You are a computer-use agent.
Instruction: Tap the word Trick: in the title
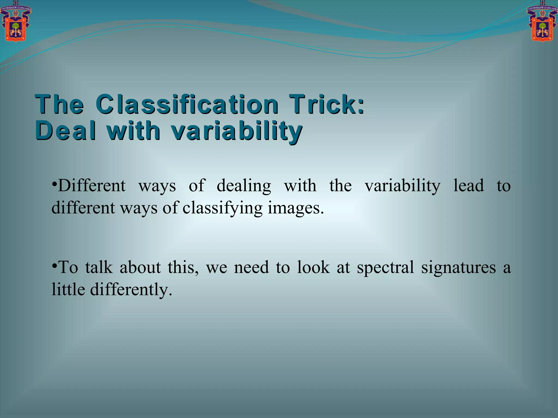tap(326, 104)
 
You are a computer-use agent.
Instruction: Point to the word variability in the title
tap(236, 131)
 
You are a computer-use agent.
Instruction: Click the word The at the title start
tap(59, 104)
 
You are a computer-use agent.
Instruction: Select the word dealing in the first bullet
tap(244, 186)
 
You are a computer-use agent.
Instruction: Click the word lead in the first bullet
tap(468, 186)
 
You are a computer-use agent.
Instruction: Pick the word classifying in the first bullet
tap(222, 208)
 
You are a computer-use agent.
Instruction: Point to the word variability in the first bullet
tap(402, 186)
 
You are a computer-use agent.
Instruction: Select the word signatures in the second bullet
tap(458, 268)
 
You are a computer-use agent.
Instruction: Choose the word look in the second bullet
tap(313, 267)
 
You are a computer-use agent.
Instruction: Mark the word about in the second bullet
tap(140, 267)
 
